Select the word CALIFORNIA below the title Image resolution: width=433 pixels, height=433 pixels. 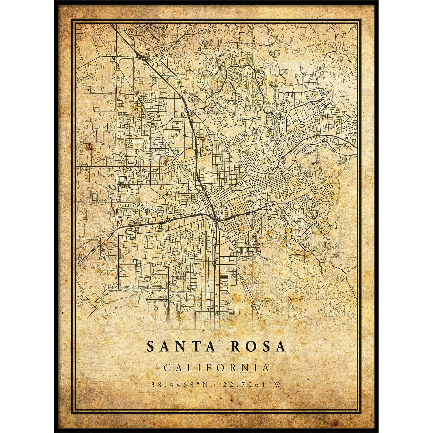[216, 368]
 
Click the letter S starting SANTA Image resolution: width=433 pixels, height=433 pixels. [150, 347]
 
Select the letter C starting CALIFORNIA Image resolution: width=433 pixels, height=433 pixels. [167, 368]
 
